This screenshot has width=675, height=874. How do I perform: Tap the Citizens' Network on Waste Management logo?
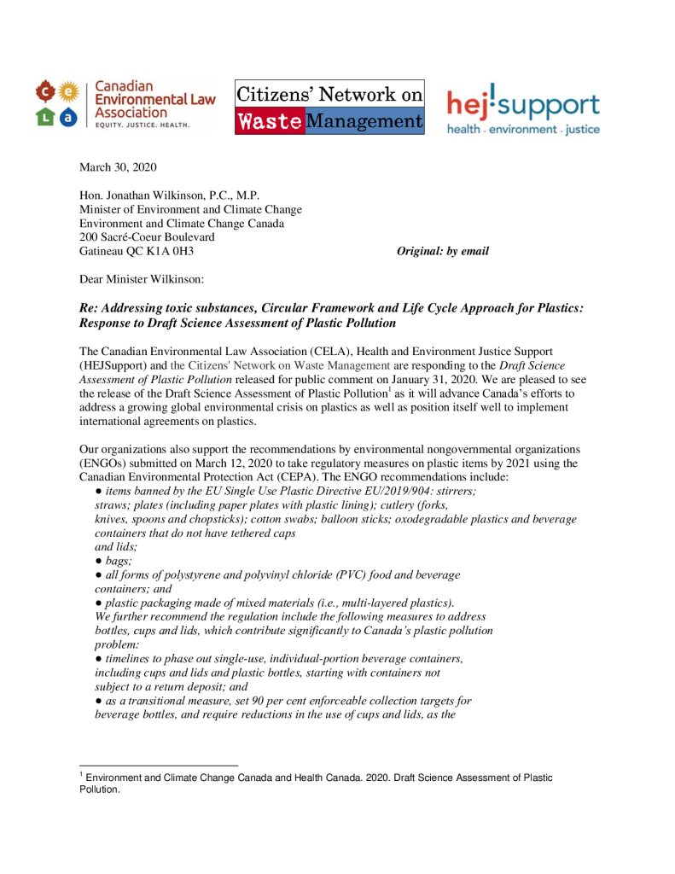pyautogui.click(x=329, y=108)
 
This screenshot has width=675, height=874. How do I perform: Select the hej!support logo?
pyautogui.click(x=524, y=112)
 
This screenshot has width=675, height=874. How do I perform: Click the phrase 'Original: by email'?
pyautogui.click(x=443, y=251)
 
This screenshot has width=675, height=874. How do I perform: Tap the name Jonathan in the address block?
pyautogui.click(x=133, y=195)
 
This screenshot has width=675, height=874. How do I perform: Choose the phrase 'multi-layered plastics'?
pyautogui.click(x=397, y=603)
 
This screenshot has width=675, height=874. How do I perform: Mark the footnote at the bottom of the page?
pyautogui.click(x=316, y=784)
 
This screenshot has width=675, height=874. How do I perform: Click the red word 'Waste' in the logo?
pyautogui.click(x=270, y=122)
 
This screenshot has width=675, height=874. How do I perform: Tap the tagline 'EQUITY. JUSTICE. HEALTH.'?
pyautogui.click(x=142, y=125)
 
